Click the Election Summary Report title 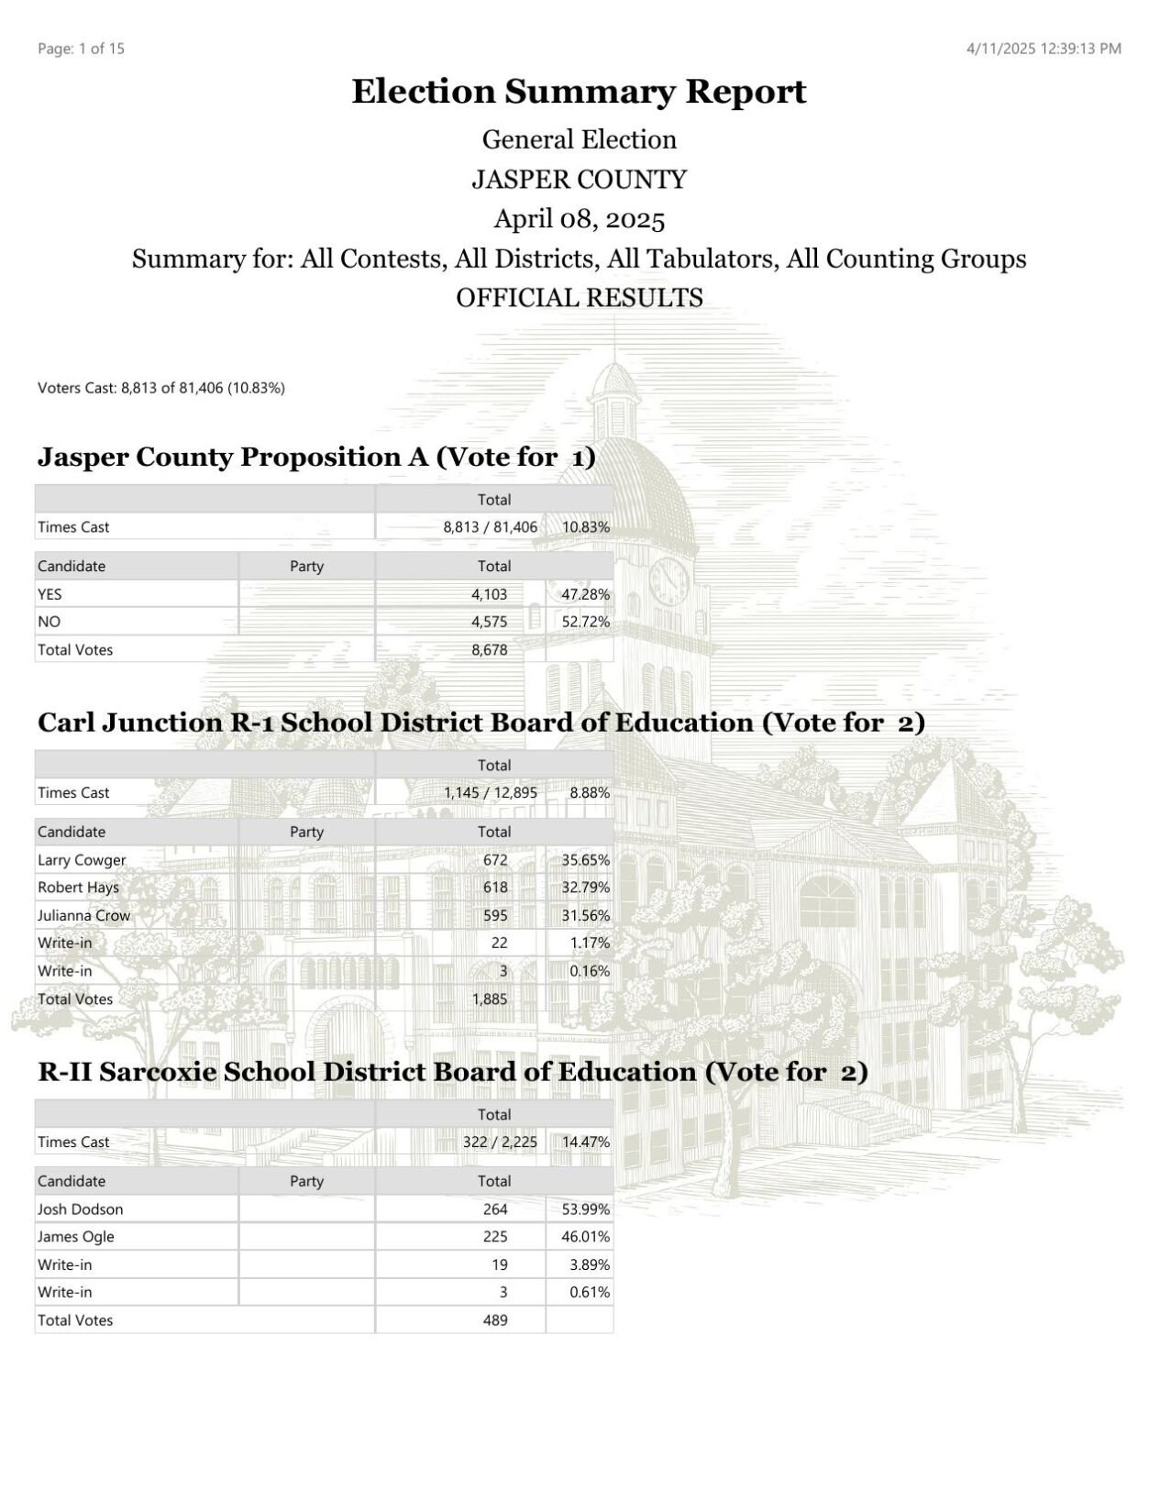pyautogui.click(x=579, y=92)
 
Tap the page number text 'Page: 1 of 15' pyautogui.click(x=81, y=49)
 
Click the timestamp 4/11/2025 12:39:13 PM pyautogui.click(x=1044, y=49)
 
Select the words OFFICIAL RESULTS pyautogui.click(x=579, y=298)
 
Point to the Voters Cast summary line pyautogui.click(x=161, y=388)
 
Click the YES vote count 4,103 pyautogui.click(x=489, y=594)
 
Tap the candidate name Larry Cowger pyautogui.click(x=82, y=860)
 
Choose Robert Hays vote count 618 pyautogui.click(x=495, y=888)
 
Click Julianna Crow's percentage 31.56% pyautogui.click(x=585, y=915)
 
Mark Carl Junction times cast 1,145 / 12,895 pyautogui.click(x=491, y=793)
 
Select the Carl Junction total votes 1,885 pyautogui.click(x=490, y=999)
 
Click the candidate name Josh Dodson pyautogui.click(x=80, y=1209)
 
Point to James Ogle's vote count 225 pyautogui.click(x=495, y=1237)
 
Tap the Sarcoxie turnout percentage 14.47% pyautogui.click(x=585, y=1142)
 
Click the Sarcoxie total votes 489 pyautogui.click(x=495, y=1320)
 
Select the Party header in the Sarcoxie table pyautogui.click(x=306, y=1181)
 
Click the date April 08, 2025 pyautogui.click(x=579, y=219)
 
